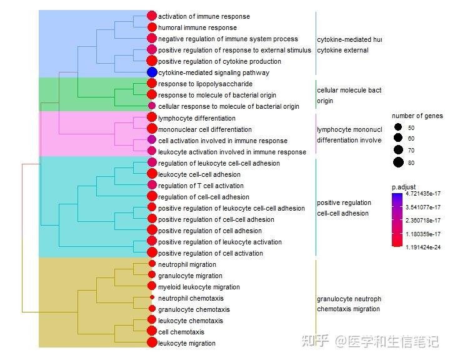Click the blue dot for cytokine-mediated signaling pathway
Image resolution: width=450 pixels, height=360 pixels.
(x=151, y=72)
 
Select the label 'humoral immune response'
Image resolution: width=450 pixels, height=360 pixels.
(x=197, y=27)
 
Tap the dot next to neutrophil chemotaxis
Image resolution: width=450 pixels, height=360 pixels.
(x=152, y=298)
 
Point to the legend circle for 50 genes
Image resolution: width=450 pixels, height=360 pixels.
(x=398, y=127)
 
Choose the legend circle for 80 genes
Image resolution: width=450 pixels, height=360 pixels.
(x=398, y=163)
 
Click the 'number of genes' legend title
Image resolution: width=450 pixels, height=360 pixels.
(x=417, y=116)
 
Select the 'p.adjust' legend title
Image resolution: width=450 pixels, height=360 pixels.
(x=405, y=187)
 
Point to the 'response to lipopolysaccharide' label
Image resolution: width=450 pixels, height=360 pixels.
(x=205, y=84)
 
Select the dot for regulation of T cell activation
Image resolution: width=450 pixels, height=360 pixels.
(x=151, y=186)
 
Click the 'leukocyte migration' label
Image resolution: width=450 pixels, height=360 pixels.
(x=187, y=343)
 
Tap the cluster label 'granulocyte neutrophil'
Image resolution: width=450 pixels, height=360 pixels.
(x=349, y=299)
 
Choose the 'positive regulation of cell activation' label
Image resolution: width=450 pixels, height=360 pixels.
(x=211, y=253)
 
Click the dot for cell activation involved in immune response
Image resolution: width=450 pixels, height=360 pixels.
(x=151, y=140)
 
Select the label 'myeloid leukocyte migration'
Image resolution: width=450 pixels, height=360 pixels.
(x=199, y=287)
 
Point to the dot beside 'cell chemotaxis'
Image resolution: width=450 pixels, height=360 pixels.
(x=151, y=332)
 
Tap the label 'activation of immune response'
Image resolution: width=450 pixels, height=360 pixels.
(x=204, y=16)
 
